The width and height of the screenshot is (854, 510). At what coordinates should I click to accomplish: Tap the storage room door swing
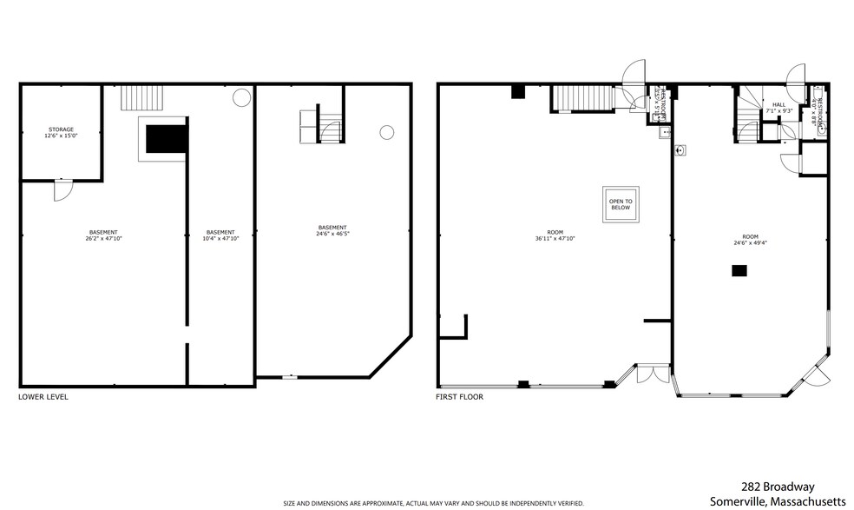click(x=63, y=190)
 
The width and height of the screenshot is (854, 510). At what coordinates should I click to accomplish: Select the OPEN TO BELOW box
click(x=621, y=204)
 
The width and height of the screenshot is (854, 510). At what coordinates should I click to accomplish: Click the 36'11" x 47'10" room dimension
click(x=556, y=238)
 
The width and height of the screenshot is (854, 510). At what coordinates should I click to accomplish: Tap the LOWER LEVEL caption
click(x=43, y=397)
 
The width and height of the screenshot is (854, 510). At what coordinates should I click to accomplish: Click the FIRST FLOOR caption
click(x=459, y=397)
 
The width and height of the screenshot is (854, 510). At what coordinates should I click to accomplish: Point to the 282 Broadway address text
click(x=777, y=487)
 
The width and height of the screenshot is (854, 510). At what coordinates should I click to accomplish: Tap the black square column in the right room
click(x=739, y=271)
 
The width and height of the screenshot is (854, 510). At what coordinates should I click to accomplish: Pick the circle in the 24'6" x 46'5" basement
click(x=386, y=132)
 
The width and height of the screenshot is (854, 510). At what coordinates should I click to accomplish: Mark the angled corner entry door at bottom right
click(x=817, y=374)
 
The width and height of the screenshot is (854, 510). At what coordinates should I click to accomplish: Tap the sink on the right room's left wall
click(x=681, y=149)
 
